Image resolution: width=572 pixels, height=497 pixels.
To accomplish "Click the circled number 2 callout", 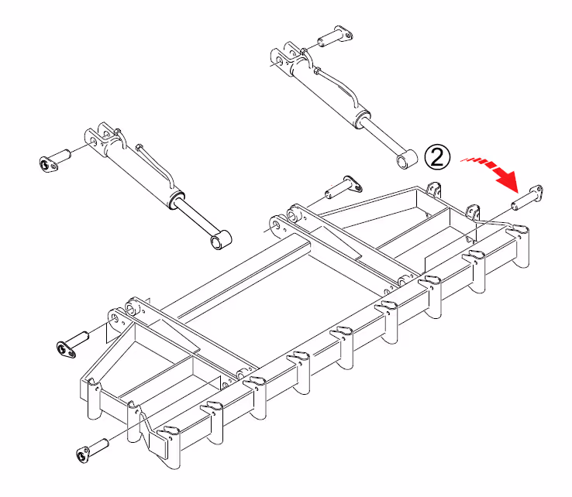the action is [x=437, y=157].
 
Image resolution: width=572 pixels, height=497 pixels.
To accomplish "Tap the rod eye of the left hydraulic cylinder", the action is [x=221, y=240].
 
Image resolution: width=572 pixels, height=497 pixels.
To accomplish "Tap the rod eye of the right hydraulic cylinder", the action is [x=407, y=159].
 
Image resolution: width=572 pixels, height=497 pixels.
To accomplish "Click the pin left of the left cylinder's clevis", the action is [x=54, y=160].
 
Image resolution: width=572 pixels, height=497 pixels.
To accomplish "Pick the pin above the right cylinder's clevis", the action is [x=335, y=36].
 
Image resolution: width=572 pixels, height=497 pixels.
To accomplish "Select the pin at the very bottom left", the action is [x=93, y=451].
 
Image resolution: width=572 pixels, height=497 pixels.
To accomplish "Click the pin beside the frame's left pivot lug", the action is [x=73, y=344].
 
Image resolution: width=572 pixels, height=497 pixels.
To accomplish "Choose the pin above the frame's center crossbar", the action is [x=343, y=187].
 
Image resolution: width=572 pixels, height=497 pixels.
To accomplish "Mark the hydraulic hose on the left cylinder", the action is [x=155, y=165].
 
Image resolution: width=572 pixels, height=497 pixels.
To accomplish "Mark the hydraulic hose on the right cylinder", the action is [x=338, y=87].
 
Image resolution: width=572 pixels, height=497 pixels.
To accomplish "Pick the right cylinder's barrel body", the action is [x=329, y=94].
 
